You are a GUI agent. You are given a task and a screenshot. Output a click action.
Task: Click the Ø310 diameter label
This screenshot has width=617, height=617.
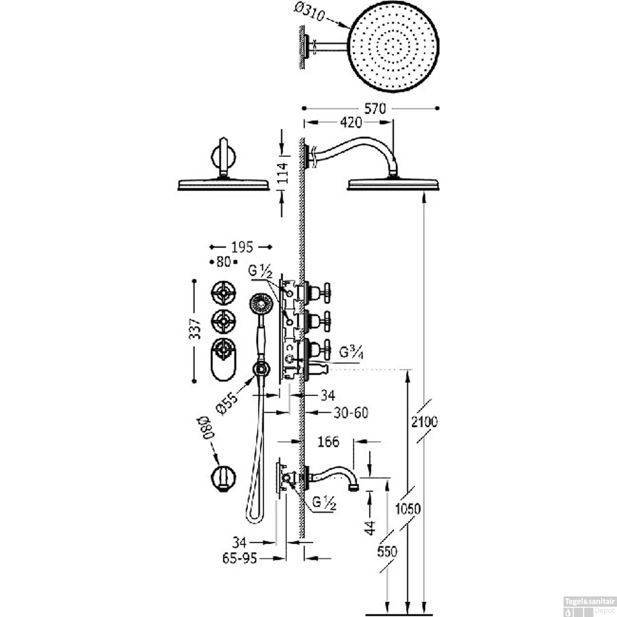tap(310, 13)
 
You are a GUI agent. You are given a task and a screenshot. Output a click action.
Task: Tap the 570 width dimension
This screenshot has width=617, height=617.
tap(375, 109)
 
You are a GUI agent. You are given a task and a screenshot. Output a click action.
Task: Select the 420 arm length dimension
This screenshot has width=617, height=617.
tap(351, 122)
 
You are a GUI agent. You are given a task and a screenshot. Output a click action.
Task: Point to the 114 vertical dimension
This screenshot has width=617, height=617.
tap(283, 173)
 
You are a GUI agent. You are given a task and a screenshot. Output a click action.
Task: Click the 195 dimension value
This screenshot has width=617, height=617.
tap(241, 247)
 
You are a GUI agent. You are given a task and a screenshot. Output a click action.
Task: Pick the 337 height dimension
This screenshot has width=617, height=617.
tap(195, 329)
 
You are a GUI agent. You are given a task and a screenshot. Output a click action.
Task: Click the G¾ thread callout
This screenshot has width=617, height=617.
tap(351, 352)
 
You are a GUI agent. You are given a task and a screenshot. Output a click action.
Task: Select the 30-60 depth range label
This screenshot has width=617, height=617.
tap(350, 413)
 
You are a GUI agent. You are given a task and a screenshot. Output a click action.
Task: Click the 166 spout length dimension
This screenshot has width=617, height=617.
tap(328, 442)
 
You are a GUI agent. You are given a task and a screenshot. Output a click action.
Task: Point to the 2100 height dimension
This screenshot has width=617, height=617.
tap(424, 422)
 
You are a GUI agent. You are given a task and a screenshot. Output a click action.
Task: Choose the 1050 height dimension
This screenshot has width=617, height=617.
tap(408, 509)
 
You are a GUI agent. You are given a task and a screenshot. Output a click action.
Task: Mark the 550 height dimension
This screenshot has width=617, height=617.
tap(387, 551)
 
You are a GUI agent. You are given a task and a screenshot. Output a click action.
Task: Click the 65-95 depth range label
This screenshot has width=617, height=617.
tap(239, 558)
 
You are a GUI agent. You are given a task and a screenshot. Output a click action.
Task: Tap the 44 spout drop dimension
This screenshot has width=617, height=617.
tap(370, 527)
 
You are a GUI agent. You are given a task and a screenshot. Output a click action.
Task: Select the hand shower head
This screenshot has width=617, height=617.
tap(260, 304)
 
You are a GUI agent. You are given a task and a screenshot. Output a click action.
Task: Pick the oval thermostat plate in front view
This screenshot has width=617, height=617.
tap(223, 360)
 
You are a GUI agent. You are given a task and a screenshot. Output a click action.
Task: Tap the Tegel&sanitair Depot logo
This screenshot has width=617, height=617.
tap(589, 606)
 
